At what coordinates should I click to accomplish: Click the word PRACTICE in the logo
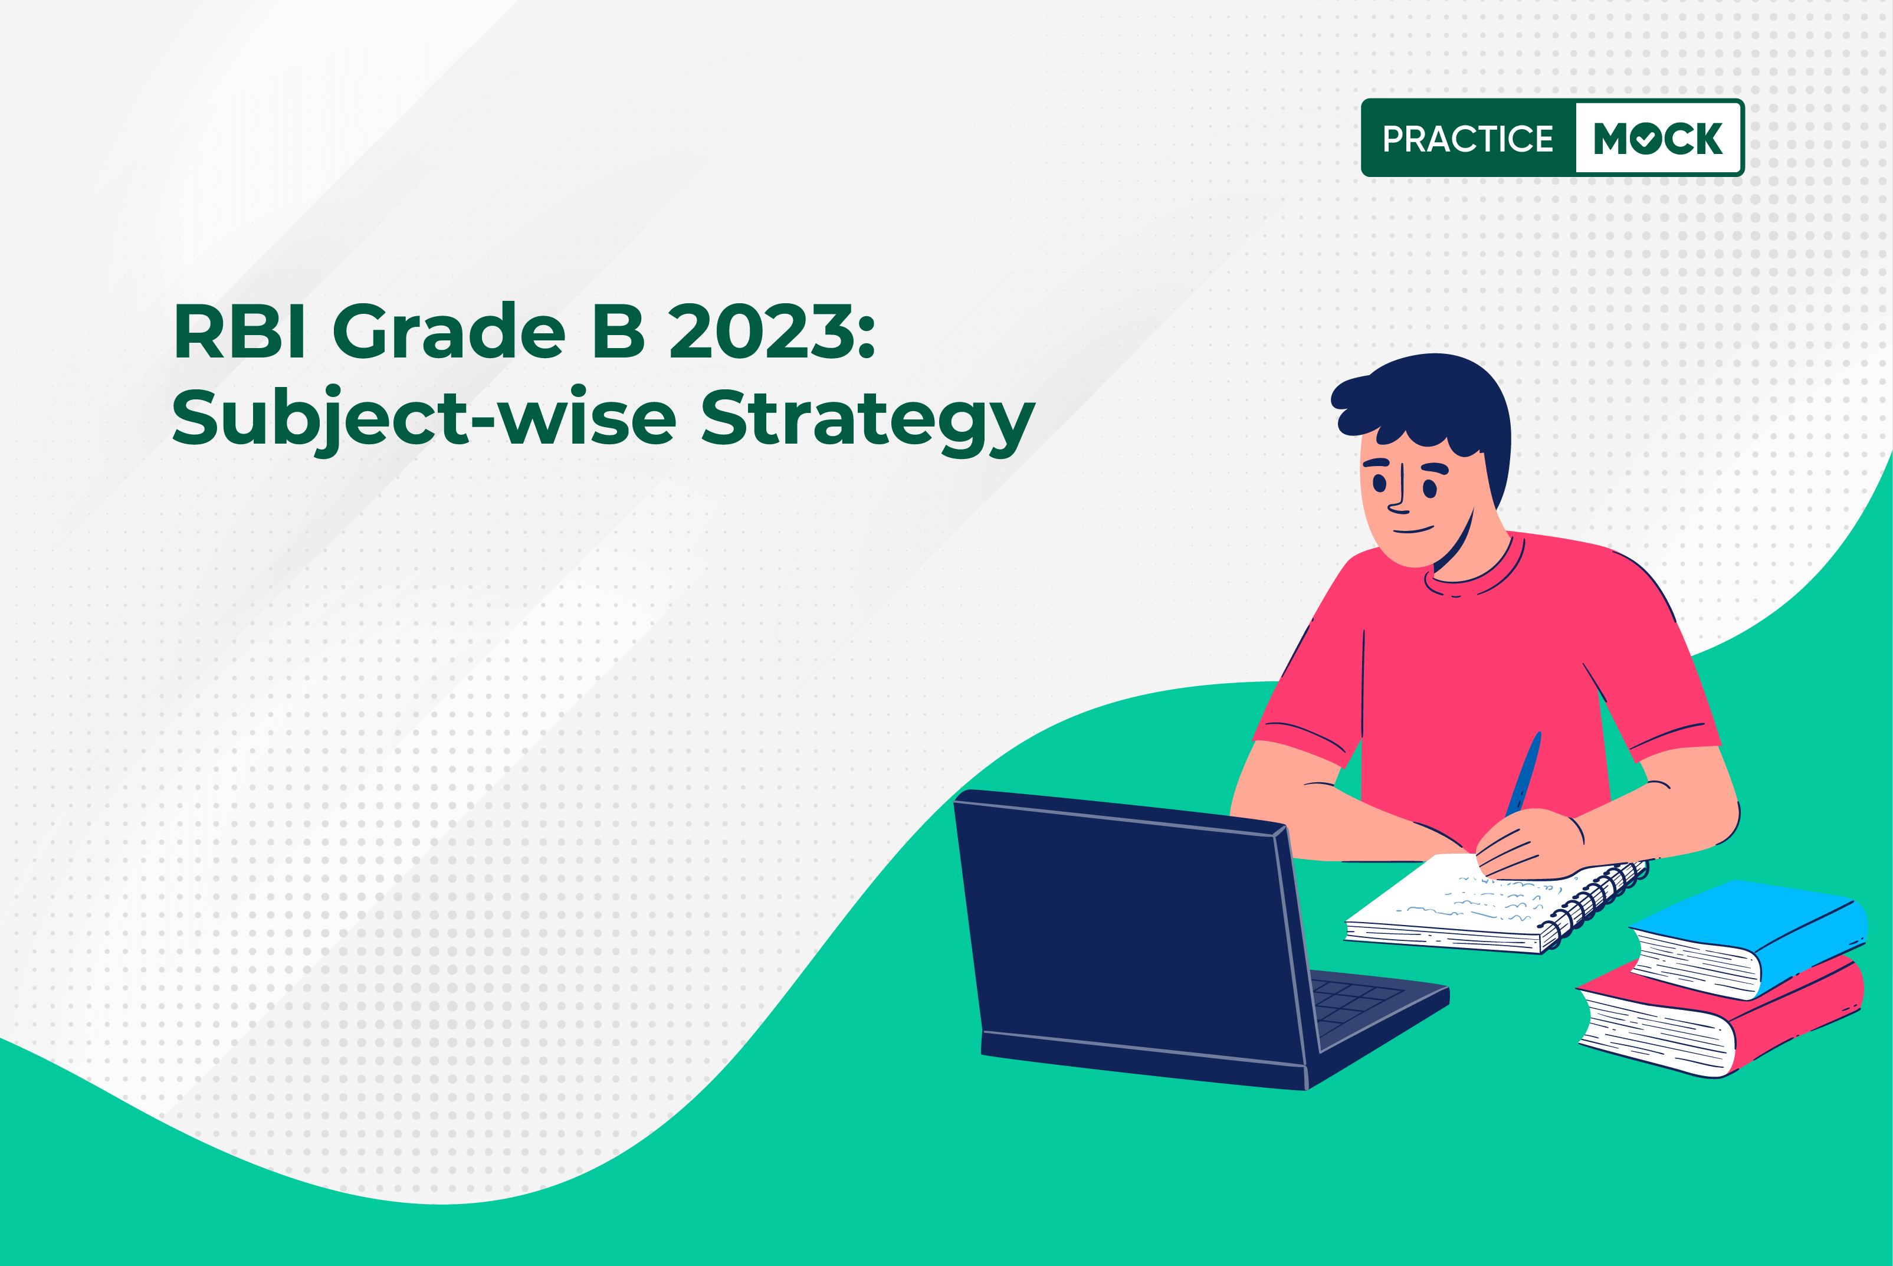(x=1468, y=139)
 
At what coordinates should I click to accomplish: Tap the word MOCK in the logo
(x=1658, y=139)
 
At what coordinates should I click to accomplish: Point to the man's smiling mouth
(x=1413, y=530)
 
